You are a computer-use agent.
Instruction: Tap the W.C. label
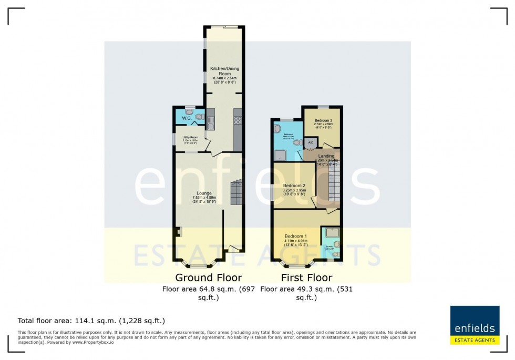[187, 118]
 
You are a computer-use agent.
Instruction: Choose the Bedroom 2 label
[294, 186]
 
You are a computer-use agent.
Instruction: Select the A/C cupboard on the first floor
[310, 142]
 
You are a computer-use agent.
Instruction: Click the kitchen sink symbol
[210, 123]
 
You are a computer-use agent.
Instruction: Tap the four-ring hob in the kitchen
[237, 120]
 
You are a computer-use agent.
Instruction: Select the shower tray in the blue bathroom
[281, 153]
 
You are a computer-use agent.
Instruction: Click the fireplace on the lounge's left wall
[179, 232]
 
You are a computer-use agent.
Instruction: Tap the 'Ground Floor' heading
[209, 277]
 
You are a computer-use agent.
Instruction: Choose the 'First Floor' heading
[306, 277]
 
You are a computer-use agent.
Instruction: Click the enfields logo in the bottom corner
[475, 325]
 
